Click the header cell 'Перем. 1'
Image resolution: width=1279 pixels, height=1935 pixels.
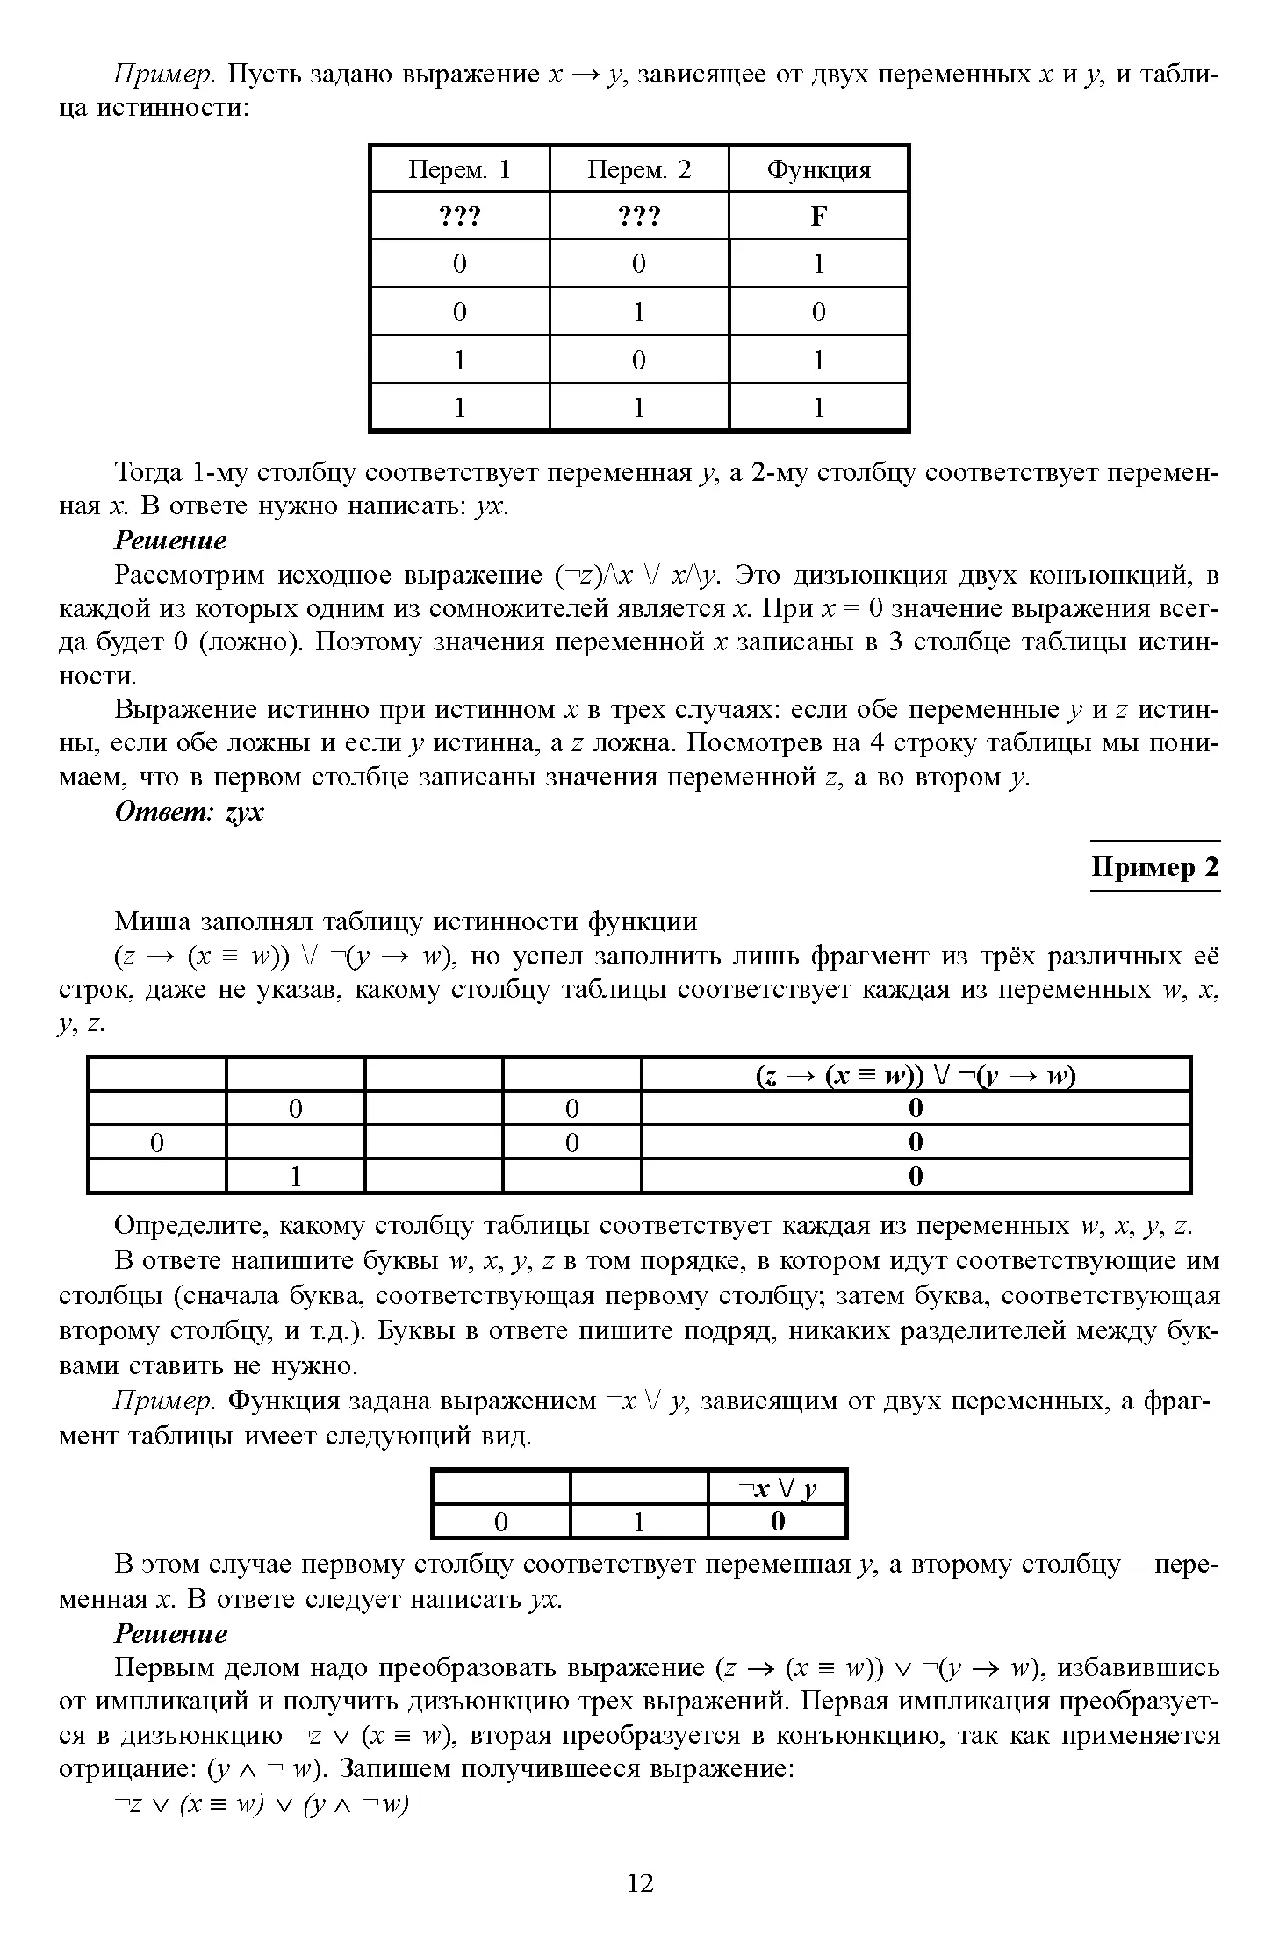(459, 169)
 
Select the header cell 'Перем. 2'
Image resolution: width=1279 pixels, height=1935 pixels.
(638, 169)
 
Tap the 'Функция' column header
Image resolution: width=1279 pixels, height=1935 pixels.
(818, 169)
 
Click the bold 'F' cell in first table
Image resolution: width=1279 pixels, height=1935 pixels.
(818, 216)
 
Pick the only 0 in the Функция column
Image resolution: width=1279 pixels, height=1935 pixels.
(818, 312)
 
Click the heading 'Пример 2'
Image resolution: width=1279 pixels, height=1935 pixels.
(1154, 867)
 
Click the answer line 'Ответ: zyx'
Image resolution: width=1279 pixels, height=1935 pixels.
(189, 812)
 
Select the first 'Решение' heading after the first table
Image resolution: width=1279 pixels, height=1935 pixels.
(170, 541)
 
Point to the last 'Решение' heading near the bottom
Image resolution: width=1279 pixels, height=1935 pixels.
(170, 1633)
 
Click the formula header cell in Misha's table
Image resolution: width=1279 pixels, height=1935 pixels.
(915, 1075)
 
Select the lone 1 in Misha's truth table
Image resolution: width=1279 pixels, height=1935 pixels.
(296, 1176)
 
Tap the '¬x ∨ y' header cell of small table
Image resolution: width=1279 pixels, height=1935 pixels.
(777, 1488)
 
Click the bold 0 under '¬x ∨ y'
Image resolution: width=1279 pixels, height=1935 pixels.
(777, 1521)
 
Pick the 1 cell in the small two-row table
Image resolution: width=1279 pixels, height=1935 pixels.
(638, 1521)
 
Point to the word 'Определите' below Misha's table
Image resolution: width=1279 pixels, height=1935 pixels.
(185, 1226)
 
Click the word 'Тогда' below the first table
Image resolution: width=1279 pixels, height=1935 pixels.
(147, 473)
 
